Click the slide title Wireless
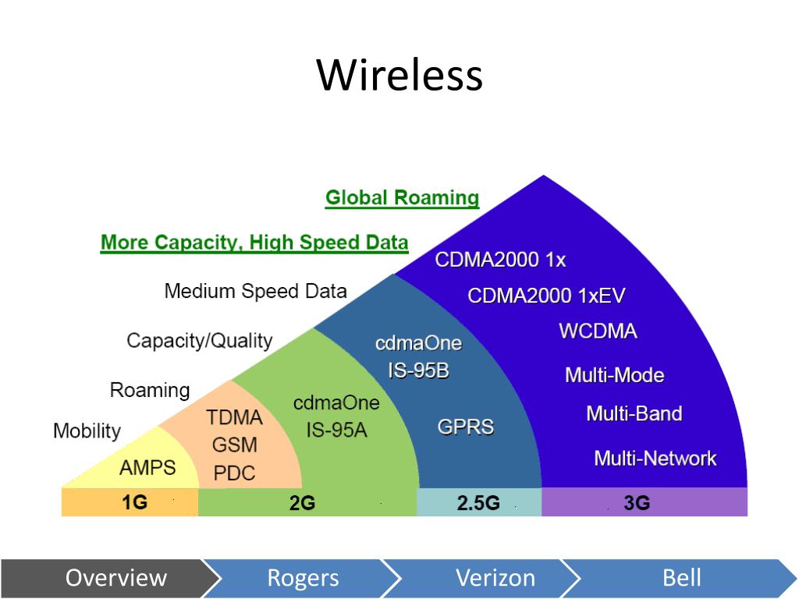(399, 76)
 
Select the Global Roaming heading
(402, 197)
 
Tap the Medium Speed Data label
(255, 291)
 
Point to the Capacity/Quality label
(199, 340)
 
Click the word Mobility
(87, 431)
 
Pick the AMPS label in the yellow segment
(147, 468)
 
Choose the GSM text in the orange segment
(235, 445)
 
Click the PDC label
(234, 473)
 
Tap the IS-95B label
(418, 370)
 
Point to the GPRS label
(465, 427)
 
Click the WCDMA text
(598, 331)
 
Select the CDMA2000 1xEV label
(546, 296)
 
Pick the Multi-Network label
(655, 458)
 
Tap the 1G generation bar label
(134, 502)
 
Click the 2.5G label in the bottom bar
(478, 503)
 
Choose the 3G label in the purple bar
(637, 503)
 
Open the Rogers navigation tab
(303, 578)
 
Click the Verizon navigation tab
(495, 578)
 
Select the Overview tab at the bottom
(115, 578)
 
